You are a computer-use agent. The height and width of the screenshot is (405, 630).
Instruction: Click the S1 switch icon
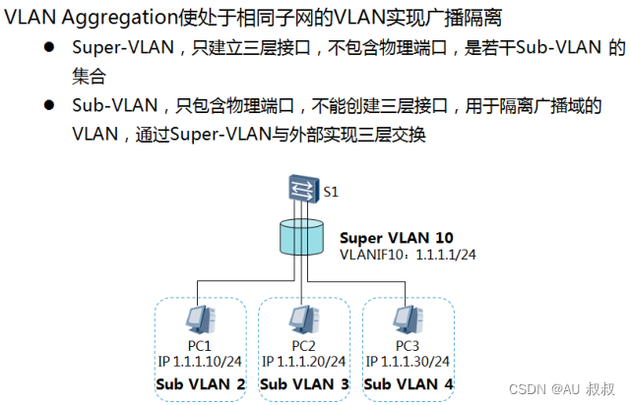point(302,187)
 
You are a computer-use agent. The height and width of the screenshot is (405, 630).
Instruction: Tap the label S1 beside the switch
point(331,192)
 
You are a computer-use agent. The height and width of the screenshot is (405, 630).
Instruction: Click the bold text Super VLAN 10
point(397,238)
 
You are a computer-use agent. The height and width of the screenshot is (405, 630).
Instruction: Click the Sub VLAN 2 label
point(201,383)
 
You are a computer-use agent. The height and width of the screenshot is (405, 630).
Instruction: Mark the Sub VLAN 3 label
point(304,383)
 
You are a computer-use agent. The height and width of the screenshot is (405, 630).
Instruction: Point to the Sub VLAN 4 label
point(409,383)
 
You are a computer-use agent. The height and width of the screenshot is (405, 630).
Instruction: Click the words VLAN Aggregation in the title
point(87,18)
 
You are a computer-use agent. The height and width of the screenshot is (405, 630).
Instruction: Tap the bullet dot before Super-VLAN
point(47,48)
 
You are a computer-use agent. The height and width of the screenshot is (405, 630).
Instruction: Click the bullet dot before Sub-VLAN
point(47,105)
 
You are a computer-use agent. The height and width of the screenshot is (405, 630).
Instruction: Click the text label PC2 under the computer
point(304,345)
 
